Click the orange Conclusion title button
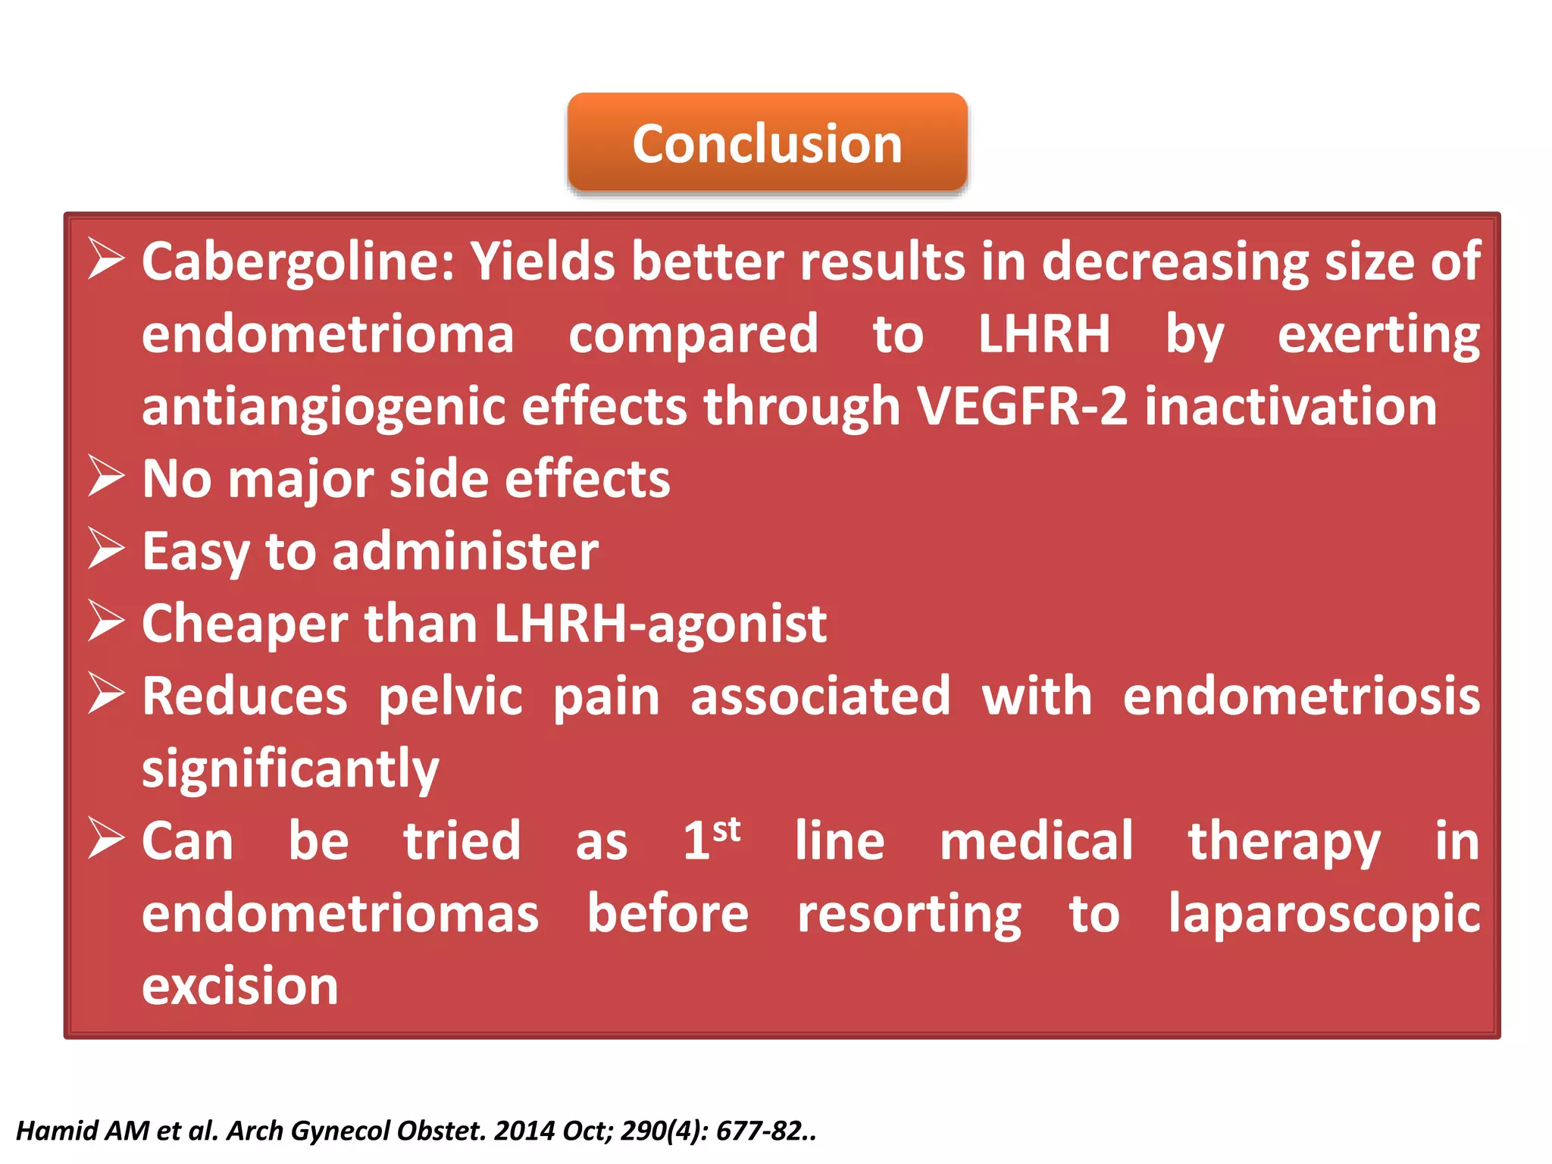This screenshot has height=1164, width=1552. (x=767, y=142)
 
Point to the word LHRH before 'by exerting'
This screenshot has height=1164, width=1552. (x=1044, y=334)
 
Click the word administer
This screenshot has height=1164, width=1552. (x=465, y=552)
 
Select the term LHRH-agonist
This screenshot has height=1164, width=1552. (x=659, y=624)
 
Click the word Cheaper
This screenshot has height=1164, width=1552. (x=245, y=624)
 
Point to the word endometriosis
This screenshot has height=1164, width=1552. (x=1300, y=696)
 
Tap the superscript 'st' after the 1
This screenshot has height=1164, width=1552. (x=726, y=829)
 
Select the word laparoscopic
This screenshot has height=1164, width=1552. (x=1323, y=914)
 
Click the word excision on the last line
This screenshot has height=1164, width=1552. (x=239, y=987)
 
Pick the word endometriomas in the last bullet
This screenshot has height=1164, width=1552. (x=340, y=914)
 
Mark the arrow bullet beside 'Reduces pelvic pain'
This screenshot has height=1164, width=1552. (x=105, y=693)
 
